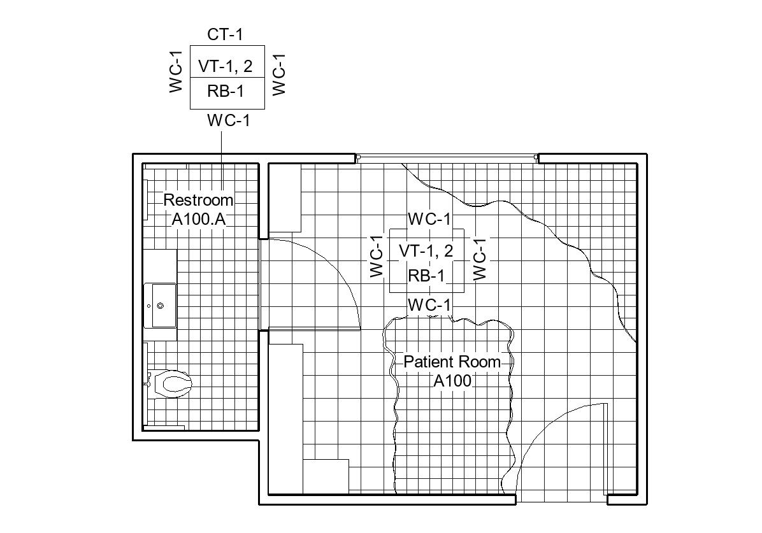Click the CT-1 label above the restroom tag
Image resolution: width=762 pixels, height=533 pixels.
click(225, 34)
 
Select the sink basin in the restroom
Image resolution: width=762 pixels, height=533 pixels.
click(160, 306)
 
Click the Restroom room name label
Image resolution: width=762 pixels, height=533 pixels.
click(198, 200)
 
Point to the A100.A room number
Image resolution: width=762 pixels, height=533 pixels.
click(199, 219)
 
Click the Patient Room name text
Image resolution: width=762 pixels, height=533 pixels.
click(452, 362)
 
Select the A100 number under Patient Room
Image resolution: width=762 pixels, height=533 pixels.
click(452, 381)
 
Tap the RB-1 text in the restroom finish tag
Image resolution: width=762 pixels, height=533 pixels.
click(226, 92)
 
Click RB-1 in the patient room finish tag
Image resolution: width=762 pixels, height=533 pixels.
click(426, 276)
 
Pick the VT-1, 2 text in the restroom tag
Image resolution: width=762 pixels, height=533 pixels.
click(226, 66)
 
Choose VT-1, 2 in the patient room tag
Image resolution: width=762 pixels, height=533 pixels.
click(426, 251)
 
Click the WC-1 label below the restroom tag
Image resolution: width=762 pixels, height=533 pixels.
click(228, 120)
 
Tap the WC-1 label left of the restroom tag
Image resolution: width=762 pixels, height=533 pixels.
click(176, 73)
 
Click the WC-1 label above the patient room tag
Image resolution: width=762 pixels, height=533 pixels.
click(429, 220)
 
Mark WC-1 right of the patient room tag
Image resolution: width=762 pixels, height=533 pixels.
click(480, 259)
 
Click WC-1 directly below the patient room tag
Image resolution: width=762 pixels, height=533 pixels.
click(429, 306)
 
